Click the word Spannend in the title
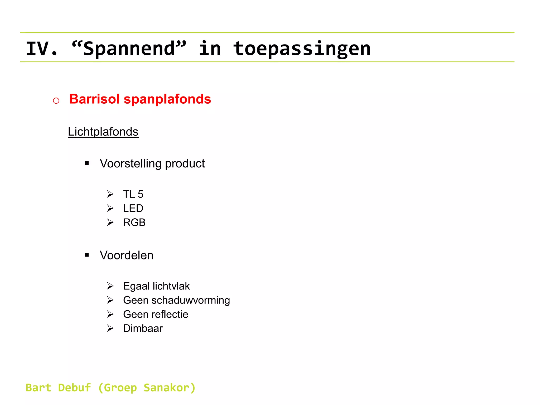pos(129,49)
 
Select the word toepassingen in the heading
pos(302,49)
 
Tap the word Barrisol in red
pos(94,99)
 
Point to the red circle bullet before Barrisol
pos(56,100)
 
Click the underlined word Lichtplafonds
pos(103,132)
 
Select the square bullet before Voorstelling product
pos(87,163)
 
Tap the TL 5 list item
pos(133,194)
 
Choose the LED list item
pos(133,209)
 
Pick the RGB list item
pos(134,223)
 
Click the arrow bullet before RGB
pos(110,223)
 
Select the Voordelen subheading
pos(127,255)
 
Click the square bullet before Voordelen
pos(87,255)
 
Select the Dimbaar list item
pos(143,329)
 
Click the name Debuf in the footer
pos(74,388)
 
